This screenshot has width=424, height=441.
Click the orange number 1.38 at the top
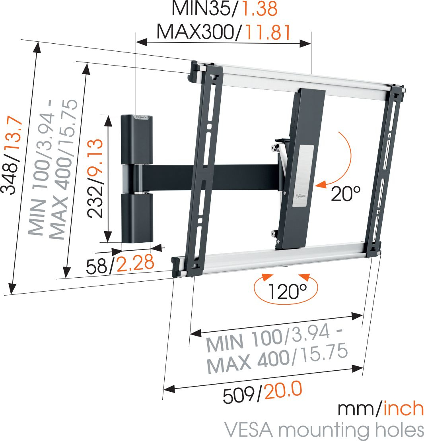[x=260, y=8]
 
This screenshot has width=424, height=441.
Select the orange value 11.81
[x=268, y=32]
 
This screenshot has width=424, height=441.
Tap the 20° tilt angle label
[x=346, y=193]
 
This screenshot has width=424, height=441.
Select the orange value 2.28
[x=135, y=263]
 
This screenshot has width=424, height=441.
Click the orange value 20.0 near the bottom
[x=283, y=390]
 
